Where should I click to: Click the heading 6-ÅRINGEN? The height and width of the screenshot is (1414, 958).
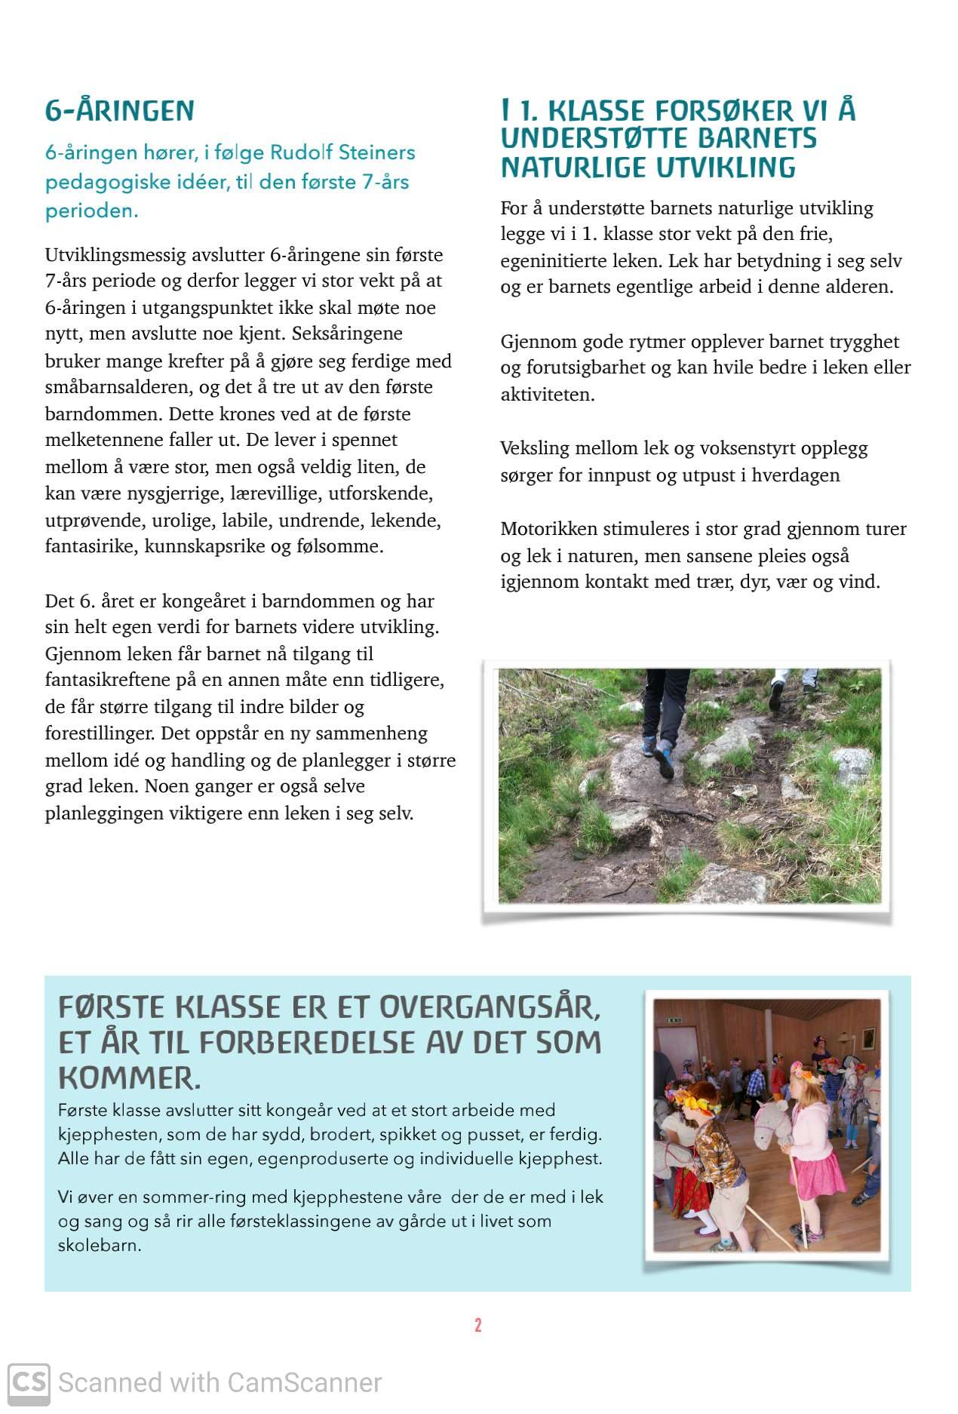tap(119, 111)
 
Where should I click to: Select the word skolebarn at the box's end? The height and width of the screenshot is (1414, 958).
tap(98, 1246)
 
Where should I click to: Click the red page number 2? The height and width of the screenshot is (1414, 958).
tap(478, 1326)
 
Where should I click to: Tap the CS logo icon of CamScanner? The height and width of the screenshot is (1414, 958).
tap(29, 1383)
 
